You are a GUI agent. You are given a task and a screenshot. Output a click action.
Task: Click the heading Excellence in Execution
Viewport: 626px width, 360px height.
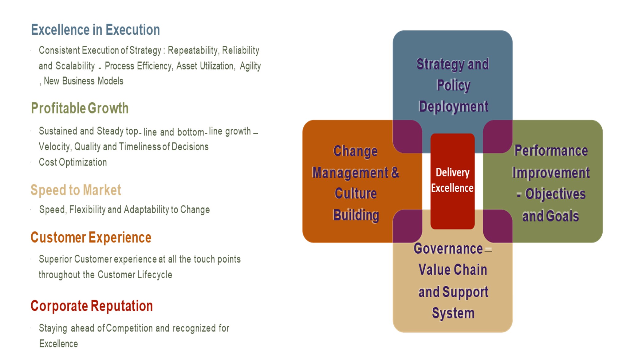(95, 30)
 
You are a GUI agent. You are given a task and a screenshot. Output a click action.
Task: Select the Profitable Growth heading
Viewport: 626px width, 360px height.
(80, 108)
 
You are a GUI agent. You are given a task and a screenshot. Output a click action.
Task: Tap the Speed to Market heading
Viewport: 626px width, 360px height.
(76, 190)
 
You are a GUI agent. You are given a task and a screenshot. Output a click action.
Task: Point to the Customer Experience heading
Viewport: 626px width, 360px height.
(91, 237)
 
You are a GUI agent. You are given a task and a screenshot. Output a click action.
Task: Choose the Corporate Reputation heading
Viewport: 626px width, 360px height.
(92, 306)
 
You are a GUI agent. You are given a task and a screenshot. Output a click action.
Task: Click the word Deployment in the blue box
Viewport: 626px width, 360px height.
(453, 107)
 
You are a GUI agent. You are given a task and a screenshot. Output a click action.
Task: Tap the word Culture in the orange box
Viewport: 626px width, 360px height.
(356, 194)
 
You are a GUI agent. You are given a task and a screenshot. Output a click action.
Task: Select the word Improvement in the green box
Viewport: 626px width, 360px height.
(551, 173)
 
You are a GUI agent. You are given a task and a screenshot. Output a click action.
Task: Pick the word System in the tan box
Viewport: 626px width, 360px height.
(453, 313)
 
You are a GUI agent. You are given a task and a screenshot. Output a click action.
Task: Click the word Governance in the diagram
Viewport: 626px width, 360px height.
(448, 248)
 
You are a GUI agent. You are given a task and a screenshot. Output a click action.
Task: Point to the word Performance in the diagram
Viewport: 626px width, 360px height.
(551, 151)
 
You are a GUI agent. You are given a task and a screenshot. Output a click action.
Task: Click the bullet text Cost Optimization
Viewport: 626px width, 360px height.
(73, 162)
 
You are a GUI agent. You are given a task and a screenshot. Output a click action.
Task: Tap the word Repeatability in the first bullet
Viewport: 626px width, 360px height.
(193, 50)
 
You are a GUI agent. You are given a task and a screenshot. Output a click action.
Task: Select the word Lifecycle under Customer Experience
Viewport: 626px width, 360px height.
(155, 274)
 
